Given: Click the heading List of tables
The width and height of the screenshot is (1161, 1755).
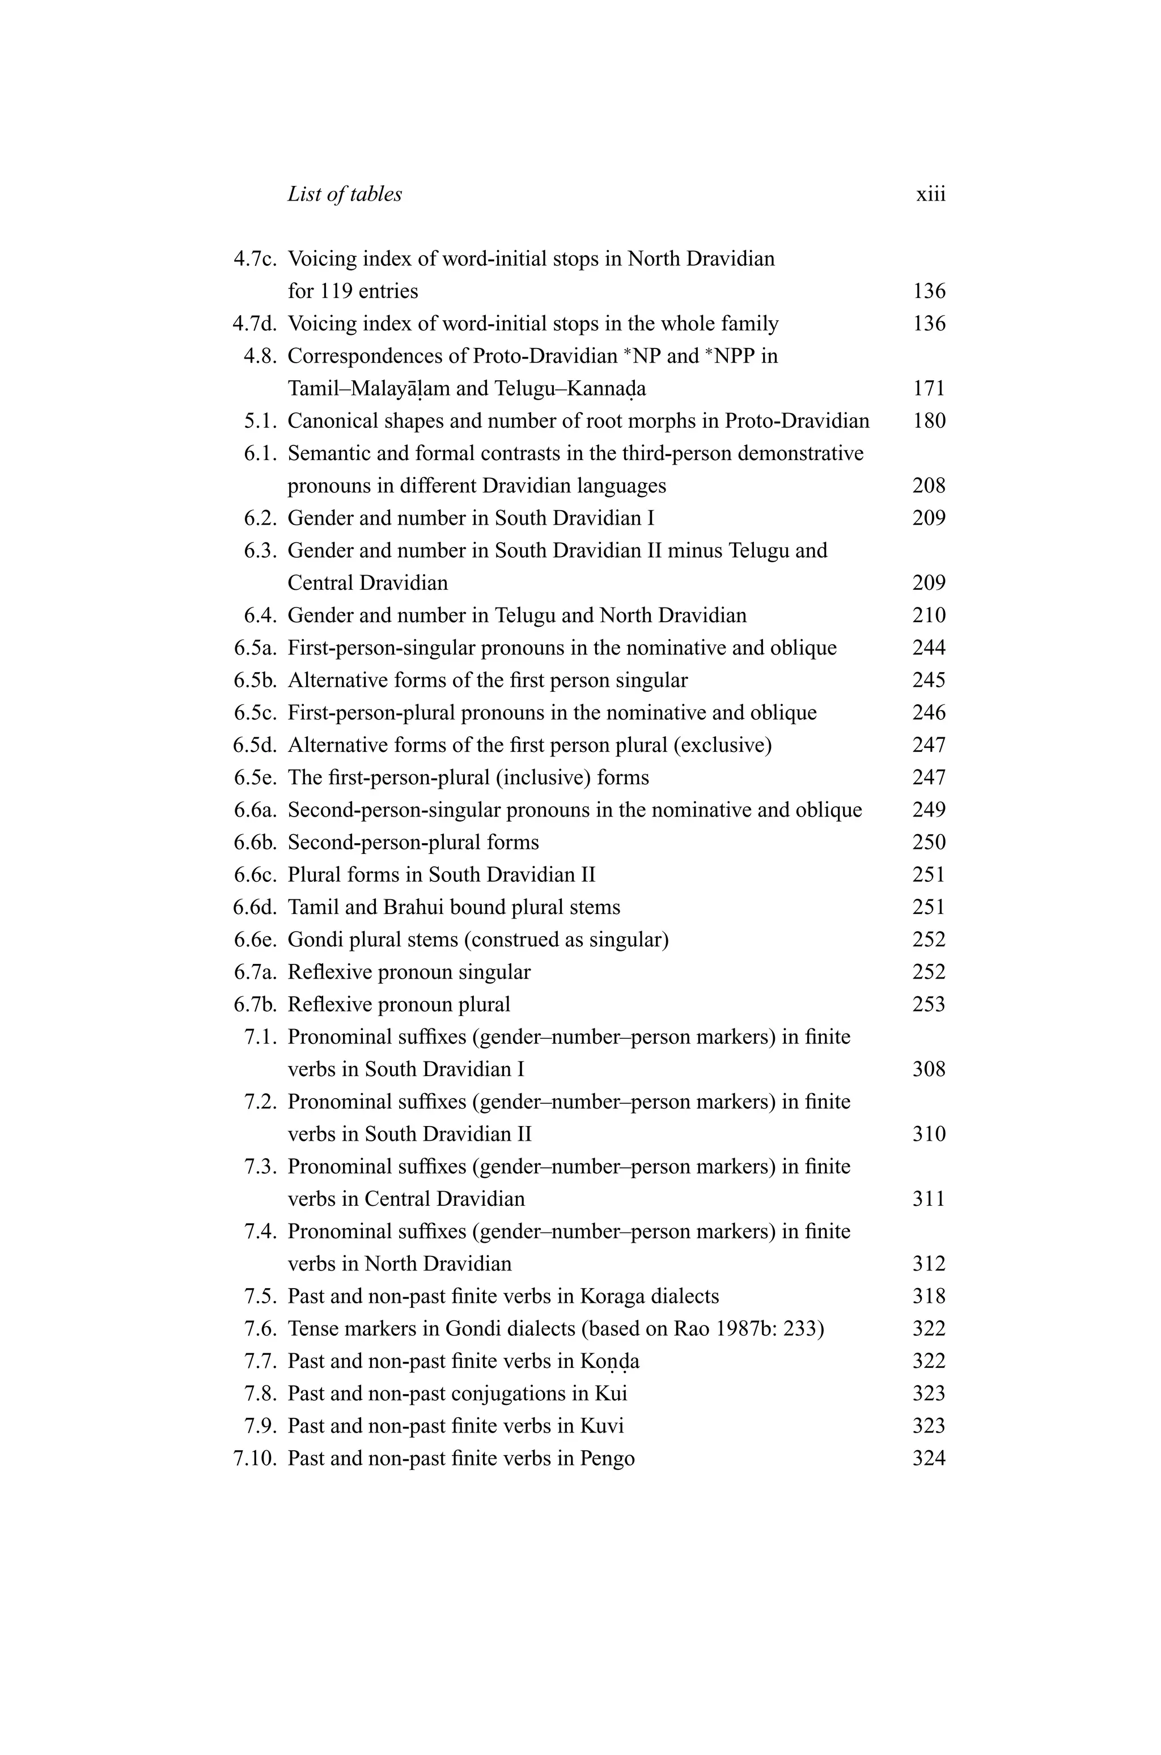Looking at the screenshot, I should coord(344,195).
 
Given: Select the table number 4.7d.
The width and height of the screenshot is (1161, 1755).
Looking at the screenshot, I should coord(255,324).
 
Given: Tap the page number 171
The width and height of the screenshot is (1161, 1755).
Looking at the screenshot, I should coord(929,389).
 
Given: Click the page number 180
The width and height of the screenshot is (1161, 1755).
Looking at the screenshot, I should coord(929,421).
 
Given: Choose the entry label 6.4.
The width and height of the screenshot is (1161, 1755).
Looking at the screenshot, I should coord(260,616).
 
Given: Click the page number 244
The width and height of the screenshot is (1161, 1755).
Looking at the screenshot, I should coord(929,648).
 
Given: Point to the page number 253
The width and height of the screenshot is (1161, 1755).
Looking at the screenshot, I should coord(929,1005).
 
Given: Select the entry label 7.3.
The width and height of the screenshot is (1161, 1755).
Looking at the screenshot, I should coord(260,1167).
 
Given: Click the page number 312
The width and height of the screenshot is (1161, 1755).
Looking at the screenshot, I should coord(929,1264).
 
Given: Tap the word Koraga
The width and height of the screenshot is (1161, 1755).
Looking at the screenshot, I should coord(610,1297).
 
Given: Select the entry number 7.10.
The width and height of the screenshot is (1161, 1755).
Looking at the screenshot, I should coord(255,1459).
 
